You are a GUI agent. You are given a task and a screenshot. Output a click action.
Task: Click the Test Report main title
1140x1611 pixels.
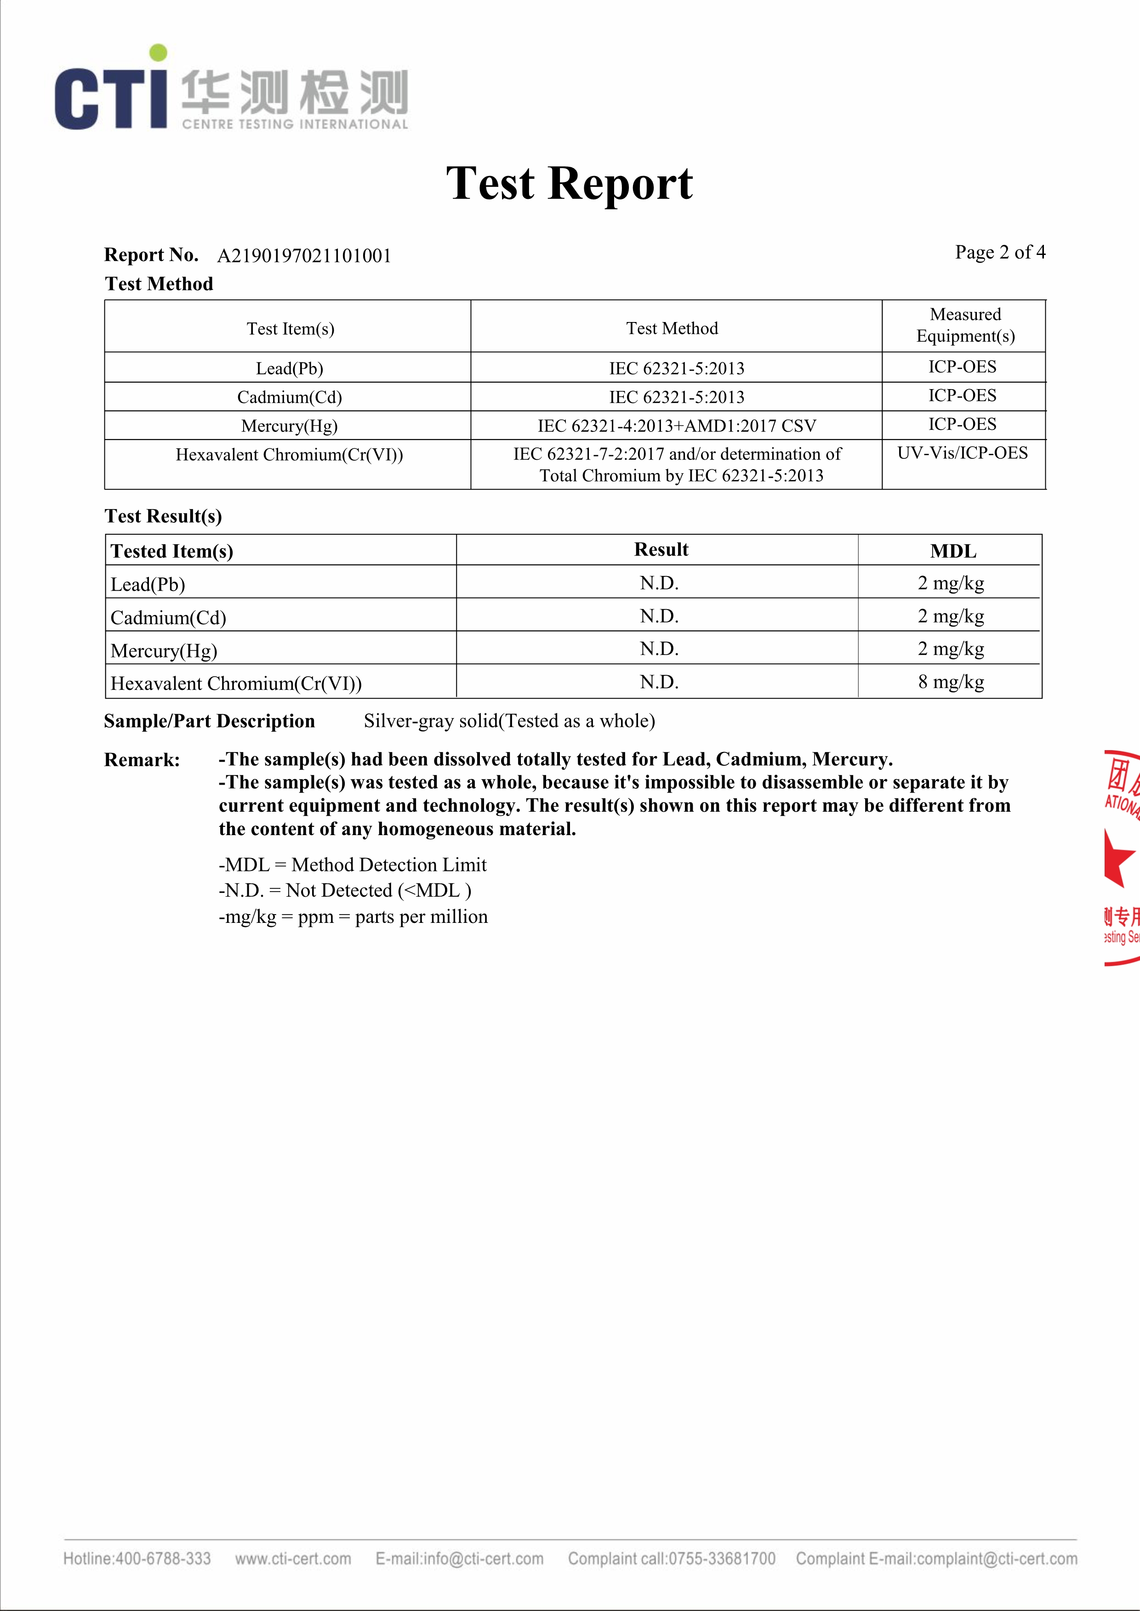click(569, 184)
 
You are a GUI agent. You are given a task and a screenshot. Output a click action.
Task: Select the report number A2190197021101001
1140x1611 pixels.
click(304, 256)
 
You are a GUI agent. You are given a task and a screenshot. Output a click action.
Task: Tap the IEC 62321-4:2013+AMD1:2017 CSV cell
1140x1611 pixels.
click(677, 426)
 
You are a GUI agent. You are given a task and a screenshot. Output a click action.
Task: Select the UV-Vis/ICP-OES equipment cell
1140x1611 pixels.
click(963, 453)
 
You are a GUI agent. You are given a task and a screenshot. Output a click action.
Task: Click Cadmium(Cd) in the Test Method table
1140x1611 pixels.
click(289, 397)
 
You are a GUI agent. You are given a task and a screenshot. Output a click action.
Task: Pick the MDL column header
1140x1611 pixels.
click(952, 552)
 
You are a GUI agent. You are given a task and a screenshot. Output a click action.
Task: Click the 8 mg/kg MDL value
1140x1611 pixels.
click(951, 682)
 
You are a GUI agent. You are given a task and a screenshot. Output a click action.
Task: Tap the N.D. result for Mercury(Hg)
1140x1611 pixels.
click(659, 649)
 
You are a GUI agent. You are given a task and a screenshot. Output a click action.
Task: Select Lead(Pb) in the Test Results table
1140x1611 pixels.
click(148, 584)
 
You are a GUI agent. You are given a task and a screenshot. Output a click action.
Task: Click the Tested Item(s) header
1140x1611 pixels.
click(172, 552)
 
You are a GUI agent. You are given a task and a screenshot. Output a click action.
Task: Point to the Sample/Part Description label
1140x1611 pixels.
click(209, 721)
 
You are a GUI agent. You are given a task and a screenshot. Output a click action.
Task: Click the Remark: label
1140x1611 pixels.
click(142, 760)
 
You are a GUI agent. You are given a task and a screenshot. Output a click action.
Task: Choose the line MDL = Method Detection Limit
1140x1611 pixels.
click(353, 865)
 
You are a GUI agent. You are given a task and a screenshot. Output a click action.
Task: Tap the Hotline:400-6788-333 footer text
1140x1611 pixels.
click(137, 1558)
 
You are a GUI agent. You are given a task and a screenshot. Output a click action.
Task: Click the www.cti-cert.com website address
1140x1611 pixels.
click(293, 1558)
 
